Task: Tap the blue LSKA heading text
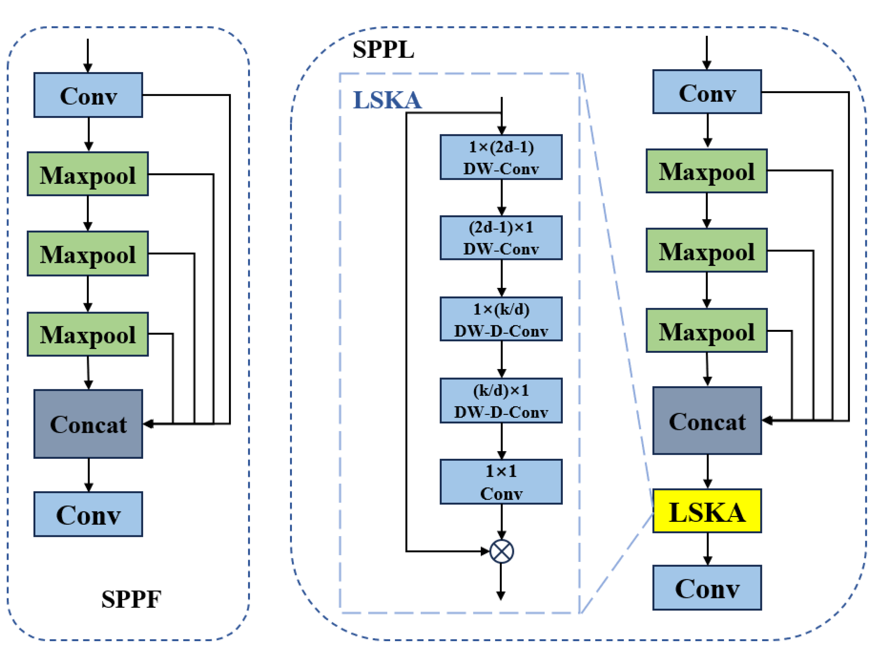point(387,100)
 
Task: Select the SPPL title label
point(383,50)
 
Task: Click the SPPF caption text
point(131,600)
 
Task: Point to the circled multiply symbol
point(501,551)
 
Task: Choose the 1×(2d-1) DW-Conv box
point(501,157)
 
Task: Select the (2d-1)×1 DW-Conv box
point(501,238)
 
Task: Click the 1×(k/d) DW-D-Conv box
point(501,319)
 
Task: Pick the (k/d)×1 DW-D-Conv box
point(501,401)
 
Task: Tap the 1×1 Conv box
point(501,482)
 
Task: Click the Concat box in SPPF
point(88,424)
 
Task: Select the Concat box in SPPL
point(707,421)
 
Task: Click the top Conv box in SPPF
point(88,95)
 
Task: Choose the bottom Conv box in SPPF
point(88,514)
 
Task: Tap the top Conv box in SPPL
point(707,92)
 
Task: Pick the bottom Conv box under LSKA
point(707,588)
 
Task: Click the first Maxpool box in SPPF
point(88,174)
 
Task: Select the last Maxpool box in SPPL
point(706,331)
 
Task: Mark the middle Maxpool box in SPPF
point(88,254)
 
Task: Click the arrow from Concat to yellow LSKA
point(707,472)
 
